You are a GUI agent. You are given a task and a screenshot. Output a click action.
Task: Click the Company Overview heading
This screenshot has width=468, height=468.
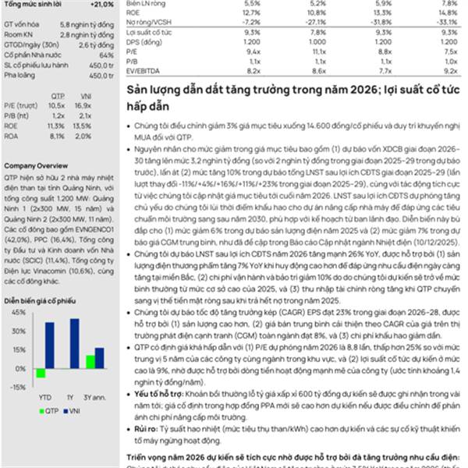tap(35, 166)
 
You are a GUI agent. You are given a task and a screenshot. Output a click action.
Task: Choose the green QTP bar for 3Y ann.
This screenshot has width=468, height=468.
tap(90, 362)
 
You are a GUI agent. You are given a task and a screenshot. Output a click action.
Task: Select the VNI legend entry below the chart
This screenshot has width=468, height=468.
tap(73, 409)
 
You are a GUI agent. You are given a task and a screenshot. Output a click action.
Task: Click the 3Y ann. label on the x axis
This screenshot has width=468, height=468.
tap(95, 397)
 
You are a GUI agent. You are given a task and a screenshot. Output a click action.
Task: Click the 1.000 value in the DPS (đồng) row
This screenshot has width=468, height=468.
tap(251, 41)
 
